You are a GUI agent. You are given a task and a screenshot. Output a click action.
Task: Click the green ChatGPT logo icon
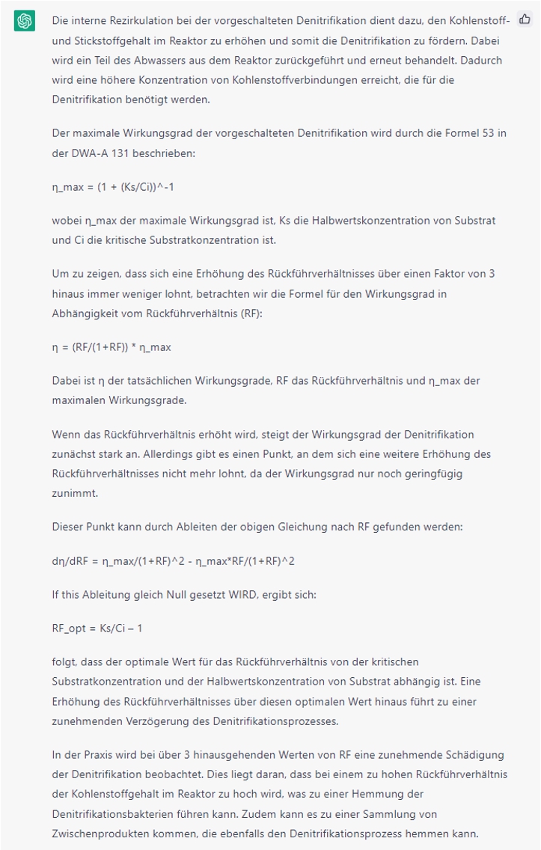(x=24, y=21)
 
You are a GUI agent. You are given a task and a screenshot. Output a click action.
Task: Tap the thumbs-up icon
(x=525, y=20)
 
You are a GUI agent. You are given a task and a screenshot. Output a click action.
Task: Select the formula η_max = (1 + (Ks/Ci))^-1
(x=112, y=187)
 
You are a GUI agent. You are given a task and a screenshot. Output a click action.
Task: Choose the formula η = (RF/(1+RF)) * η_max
(x=111, y=347)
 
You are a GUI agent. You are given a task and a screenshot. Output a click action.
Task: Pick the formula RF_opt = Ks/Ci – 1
(x=97, y=628)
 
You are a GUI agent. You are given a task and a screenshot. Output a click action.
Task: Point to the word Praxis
(x=96, y=755)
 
